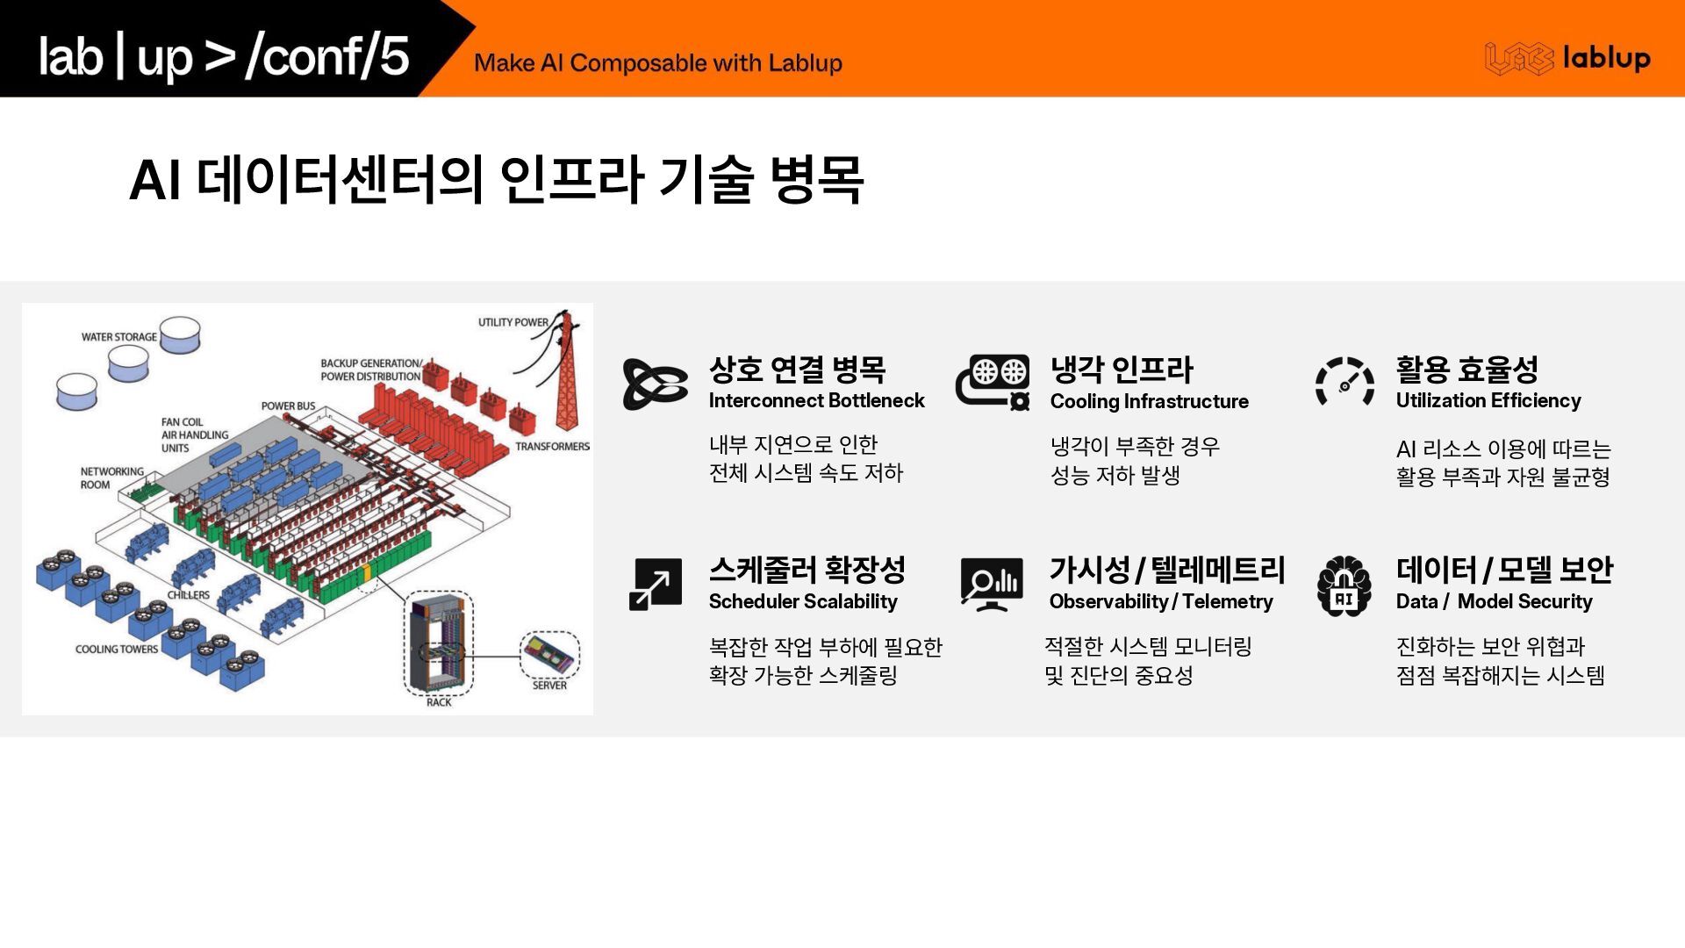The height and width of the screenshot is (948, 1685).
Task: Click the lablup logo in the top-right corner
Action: tap(1567, 58)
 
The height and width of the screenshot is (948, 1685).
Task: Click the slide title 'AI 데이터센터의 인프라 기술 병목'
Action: tap(497, 180)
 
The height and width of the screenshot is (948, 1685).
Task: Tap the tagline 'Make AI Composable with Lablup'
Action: tap(658, 63)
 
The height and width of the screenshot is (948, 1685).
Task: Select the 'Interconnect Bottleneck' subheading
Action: tap(816, 400)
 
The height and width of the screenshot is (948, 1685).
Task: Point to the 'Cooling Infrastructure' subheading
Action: tap(1149, 401)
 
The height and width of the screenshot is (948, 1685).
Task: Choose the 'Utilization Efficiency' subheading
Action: tap(1488, 400)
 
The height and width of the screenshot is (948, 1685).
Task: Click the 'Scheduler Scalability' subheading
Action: tap(803, 601)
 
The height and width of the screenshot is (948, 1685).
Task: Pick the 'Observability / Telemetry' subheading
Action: tap(1161, 601)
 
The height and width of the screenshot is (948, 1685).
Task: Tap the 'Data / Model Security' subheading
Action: tap(1494, 601)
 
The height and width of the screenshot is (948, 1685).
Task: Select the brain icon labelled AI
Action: tap(1344, 586)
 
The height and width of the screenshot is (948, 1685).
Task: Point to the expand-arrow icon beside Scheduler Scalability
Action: tap(656, 584)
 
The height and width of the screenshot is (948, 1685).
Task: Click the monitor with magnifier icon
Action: tap(992, 584)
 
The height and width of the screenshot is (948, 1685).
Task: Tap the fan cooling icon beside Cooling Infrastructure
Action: tap(993, 382)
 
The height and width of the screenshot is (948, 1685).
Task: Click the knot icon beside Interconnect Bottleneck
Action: tap(655, 384)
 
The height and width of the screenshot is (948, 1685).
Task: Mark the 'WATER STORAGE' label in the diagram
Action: tap(119, 337)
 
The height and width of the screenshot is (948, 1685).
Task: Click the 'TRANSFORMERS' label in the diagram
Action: tap(552, 447)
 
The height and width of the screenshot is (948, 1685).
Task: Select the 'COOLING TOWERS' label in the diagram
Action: tap(117, 650)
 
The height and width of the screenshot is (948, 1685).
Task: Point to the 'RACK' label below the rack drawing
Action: tap(439, 702)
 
